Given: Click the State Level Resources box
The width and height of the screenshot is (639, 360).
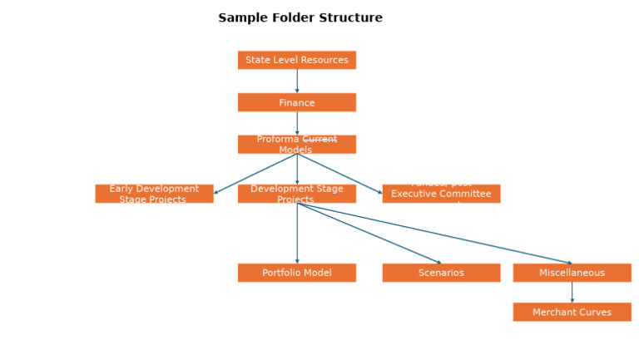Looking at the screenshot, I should [296, 60].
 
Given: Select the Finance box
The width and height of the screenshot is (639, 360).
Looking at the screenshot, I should [296, 102].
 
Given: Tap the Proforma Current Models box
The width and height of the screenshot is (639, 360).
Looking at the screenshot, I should [296, 145].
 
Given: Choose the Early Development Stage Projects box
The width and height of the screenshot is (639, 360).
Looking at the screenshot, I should [154, 194].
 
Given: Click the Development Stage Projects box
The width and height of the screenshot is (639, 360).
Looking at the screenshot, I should [296, 194].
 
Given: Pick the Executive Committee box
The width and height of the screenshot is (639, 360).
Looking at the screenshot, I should [441, 194].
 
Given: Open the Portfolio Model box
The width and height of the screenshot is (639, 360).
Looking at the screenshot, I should [296, 273].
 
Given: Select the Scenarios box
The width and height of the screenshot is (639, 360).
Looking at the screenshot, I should [441, 273].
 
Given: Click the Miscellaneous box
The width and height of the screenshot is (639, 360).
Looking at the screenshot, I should [572, 273].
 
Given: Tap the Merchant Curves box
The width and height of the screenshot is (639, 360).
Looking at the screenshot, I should [572, 312].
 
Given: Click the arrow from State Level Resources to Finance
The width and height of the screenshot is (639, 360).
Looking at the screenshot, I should [297, 81].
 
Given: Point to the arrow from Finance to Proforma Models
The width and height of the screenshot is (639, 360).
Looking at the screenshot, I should [297, 123].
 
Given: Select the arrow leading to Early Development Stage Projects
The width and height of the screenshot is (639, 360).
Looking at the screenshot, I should [255, 174].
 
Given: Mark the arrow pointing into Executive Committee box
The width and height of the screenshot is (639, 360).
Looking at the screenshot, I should [339, 174].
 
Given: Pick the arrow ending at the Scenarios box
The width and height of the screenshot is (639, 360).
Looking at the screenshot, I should [369, 234].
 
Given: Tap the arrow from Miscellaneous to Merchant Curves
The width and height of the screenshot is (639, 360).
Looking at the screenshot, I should [572, 292].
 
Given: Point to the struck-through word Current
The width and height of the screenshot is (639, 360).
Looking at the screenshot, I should [319, 140].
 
